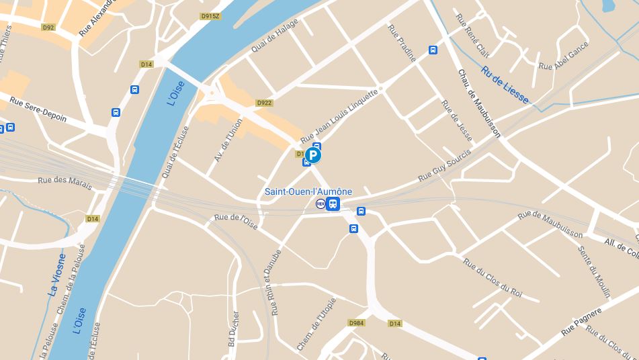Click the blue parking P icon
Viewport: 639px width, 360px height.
[x=313, y=156]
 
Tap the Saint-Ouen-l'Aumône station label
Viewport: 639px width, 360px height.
[x=308, y=191]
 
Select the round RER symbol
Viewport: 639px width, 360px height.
[x=321, y=204]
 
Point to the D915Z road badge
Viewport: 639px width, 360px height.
[x=210, y=16]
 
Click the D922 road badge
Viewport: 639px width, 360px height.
[x=264, y=103]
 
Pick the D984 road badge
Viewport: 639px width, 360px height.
[x=357, y=323]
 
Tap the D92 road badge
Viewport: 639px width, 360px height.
[x=48, y=28]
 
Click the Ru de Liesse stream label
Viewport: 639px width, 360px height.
[x=505, y=85]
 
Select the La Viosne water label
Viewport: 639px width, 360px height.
[x=58, y=275]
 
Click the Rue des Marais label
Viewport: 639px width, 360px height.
[x=65, y=181]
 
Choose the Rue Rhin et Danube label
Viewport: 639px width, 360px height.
[x=271, y=283]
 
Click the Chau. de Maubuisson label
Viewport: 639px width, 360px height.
[x=478, y=103]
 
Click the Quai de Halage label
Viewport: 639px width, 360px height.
[x=274, y=36]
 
